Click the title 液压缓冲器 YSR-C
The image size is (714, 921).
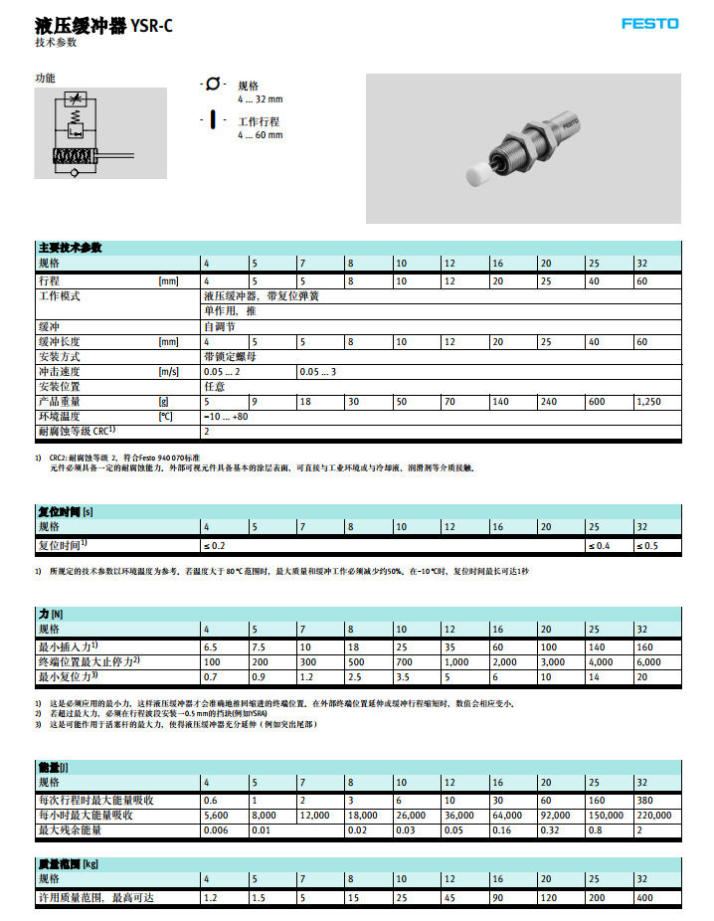103,26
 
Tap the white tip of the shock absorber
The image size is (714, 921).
480,175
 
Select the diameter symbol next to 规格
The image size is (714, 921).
213,85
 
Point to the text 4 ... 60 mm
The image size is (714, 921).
260,135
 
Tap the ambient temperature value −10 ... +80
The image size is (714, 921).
226,417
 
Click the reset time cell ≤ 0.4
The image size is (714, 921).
604,546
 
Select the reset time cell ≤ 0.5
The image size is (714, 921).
651,546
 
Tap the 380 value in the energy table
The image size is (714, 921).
645,800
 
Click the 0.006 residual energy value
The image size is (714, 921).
216,829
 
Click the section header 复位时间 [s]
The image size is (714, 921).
66,510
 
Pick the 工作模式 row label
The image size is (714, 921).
59,296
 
